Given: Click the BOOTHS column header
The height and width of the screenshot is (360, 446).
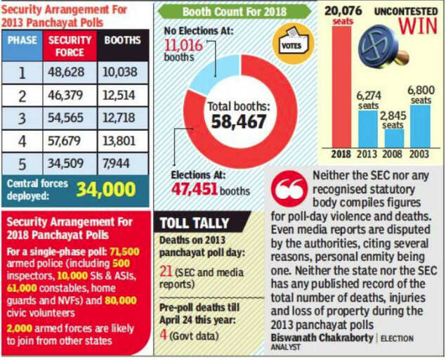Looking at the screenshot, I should (122, 41).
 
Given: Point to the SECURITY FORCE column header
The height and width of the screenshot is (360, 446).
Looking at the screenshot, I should (70, 46).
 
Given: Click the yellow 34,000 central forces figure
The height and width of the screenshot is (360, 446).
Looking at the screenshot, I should (105, 191).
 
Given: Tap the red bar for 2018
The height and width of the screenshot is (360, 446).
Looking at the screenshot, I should (342, 85).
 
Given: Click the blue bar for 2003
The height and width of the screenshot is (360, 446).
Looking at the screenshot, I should (421, 127).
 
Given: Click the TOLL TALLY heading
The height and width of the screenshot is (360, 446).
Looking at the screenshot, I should (194, 223).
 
